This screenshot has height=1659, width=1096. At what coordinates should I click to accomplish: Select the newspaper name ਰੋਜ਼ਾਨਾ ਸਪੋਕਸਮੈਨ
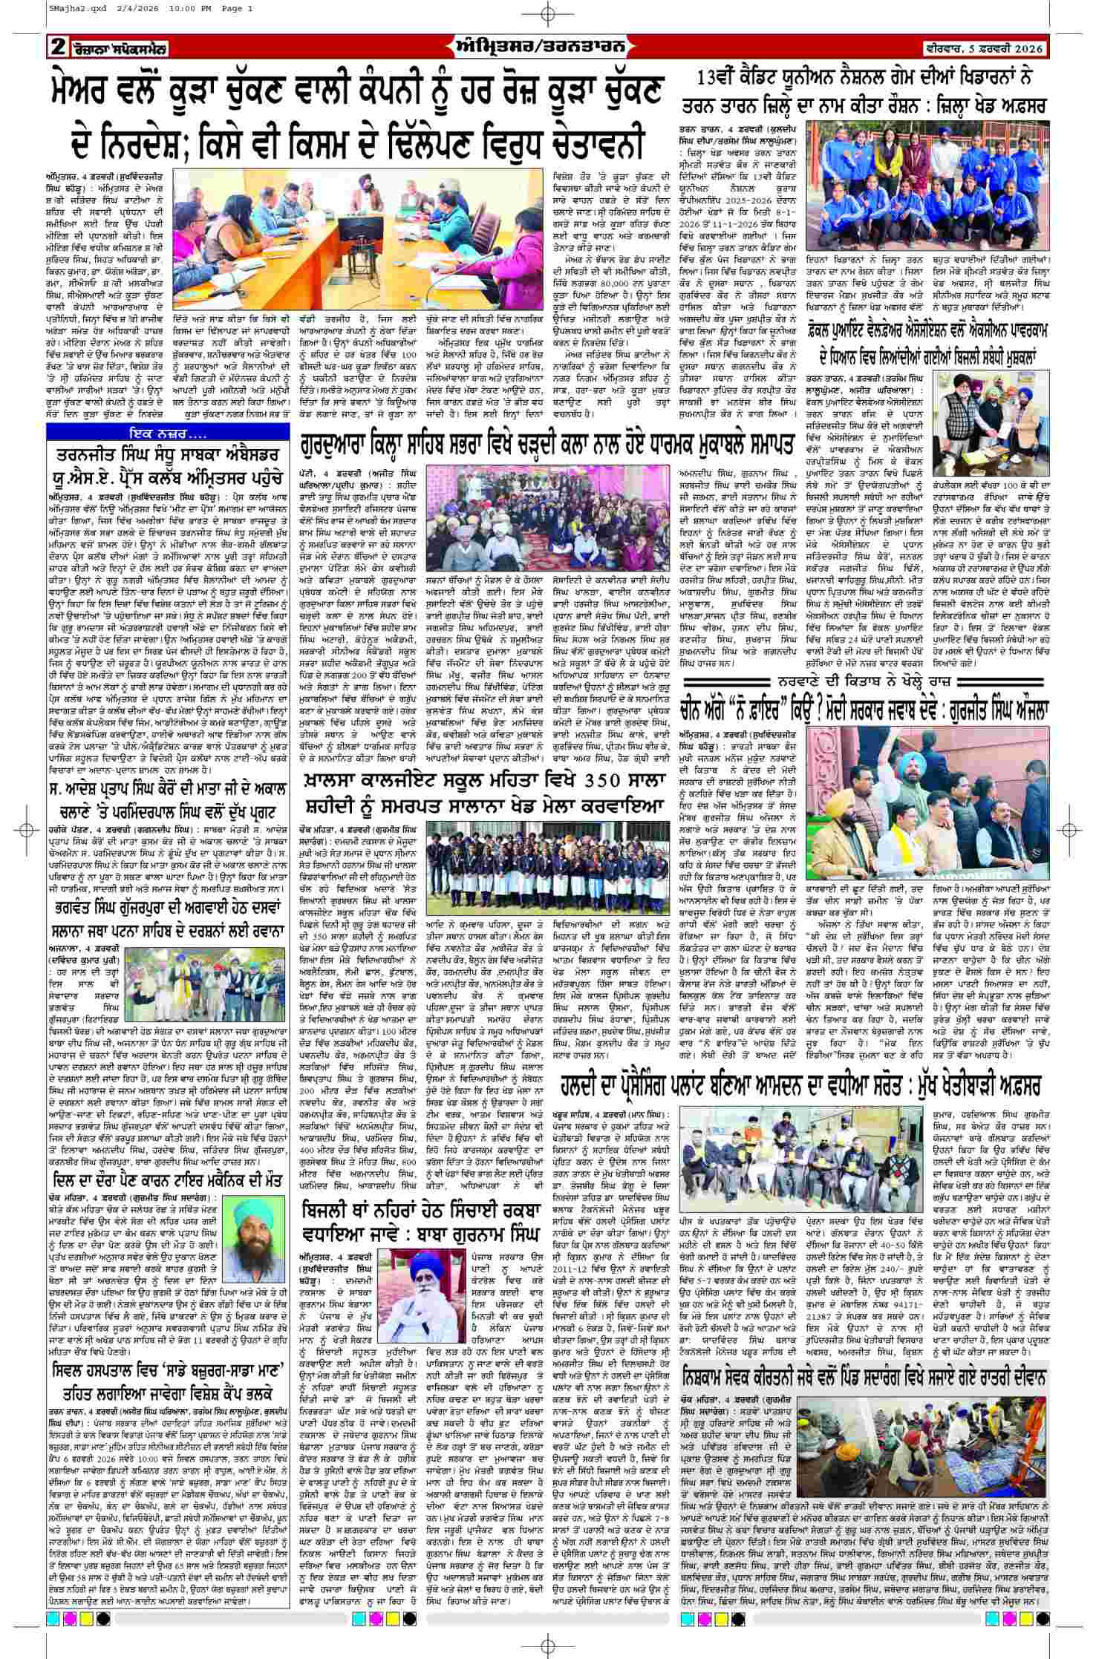[x=119, y=50]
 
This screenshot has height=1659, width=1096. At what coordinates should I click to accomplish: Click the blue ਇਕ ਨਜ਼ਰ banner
[x=167, y=431]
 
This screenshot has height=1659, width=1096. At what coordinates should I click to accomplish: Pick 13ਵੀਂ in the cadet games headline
[x=717, y=79]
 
